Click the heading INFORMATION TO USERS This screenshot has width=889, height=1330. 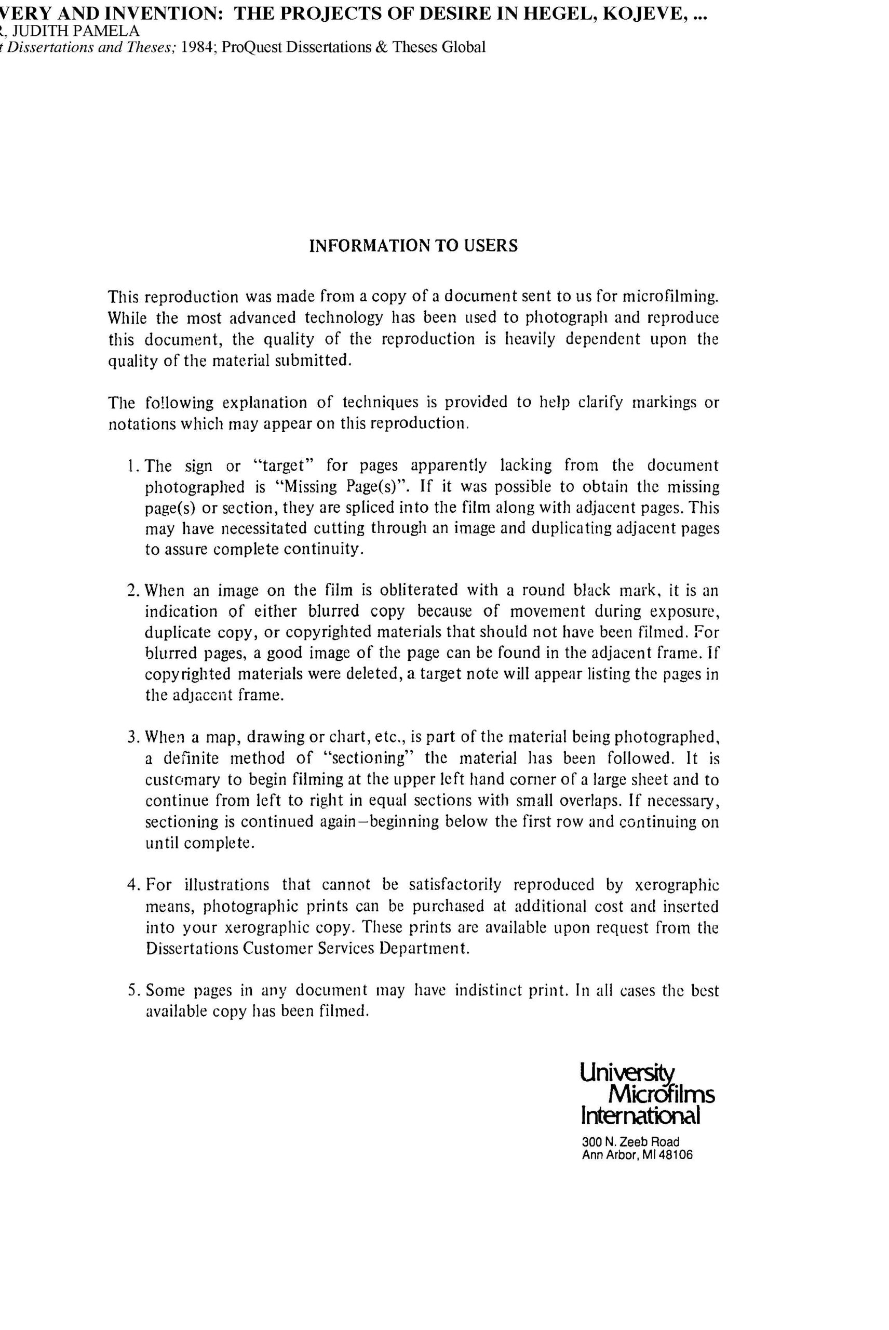413,246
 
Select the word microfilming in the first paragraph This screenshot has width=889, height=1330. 670,297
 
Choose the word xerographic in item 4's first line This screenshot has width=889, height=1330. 677,885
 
